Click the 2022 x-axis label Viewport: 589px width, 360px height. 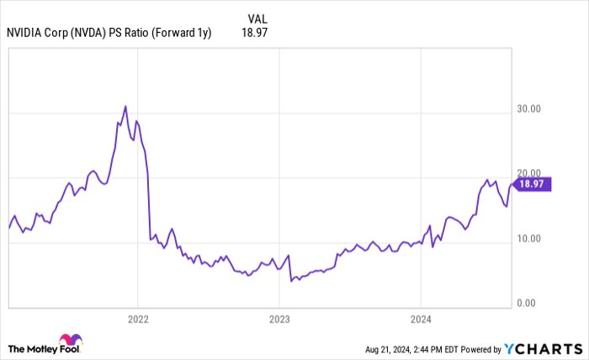coord(137,320)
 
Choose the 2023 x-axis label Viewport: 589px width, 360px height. coord(279,320)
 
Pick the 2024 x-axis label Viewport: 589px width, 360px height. coord(421,320)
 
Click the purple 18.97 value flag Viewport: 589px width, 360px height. coord(531,184)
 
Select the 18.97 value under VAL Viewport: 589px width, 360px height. coord(255,33)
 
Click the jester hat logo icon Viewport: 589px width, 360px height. coord(71,341)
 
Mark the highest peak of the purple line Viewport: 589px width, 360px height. coord(125,106)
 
